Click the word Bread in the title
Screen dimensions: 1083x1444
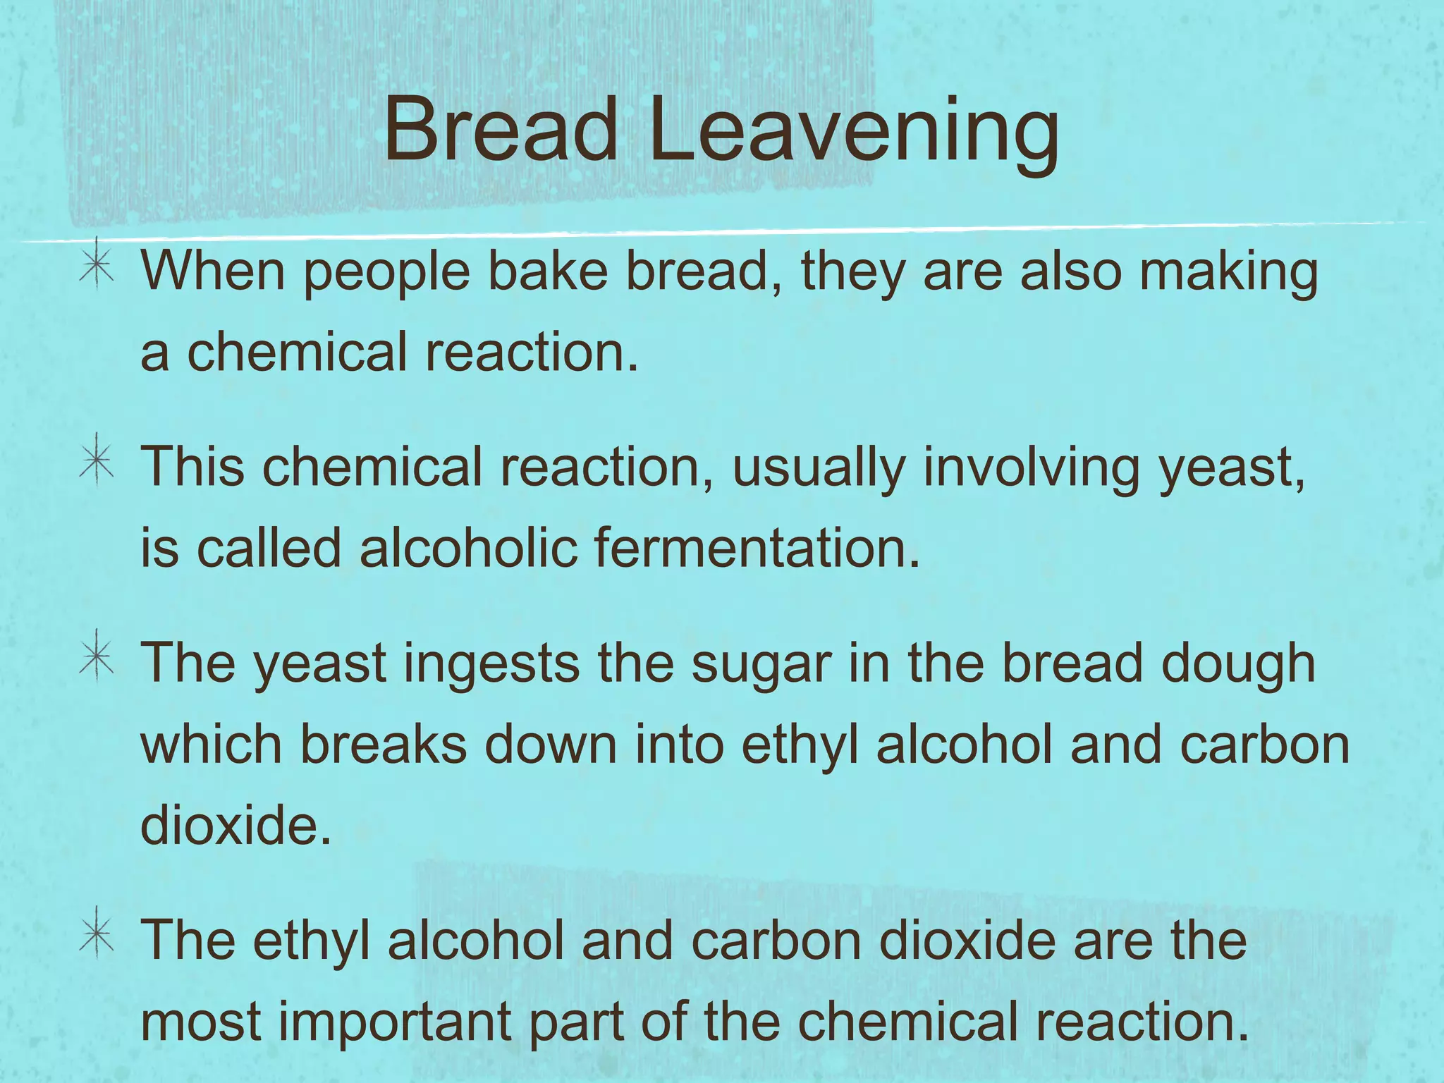pos(501,131)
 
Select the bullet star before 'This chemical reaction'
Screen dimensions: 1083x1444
pos(97,465)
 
